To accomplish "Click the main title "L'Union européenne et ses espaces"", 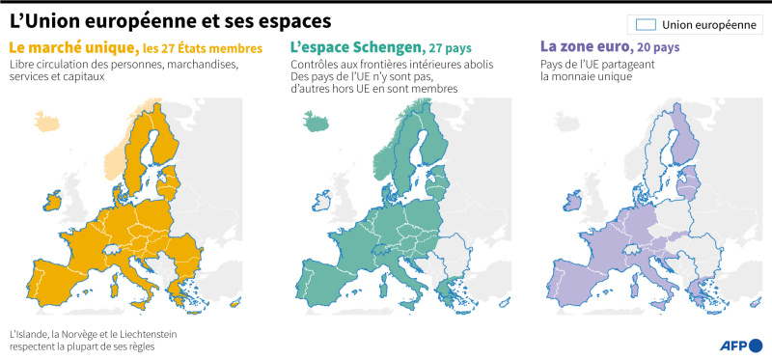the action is coord(170,20).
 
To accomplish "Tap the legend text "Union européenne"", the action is coord(709,25).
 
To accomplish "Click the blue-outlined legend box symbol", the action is coord(646,25).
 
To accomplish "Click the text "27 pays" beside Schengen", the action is coord(450,49).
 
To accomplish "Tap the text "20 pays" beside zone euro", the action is coord(658,48).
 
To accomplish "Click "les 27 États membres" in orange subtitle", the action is coord(203,49).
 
